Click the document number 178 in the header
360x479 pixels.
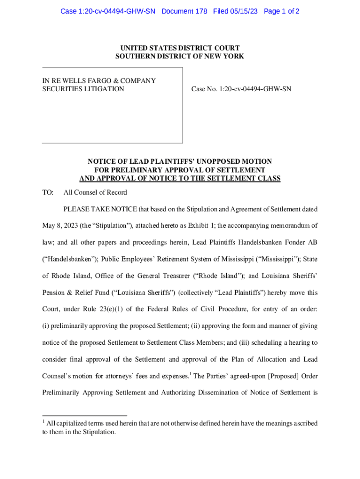click(201, 11)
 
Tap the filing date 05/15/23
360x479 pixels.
click(245, 11)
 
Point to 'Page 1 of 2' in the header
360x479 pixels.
click(281, 11)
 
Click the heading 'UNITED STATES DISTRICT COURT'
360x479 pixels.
click(180, 48)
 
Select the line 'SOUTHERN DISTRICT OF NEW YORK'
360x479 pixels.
click(180, 57)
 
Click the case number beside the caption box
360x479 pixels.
click(241, 89)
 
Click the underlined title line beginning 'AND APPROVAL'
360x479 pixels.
click(180, 178)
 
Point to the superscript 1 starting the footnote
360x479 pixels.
click(43, 422)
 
